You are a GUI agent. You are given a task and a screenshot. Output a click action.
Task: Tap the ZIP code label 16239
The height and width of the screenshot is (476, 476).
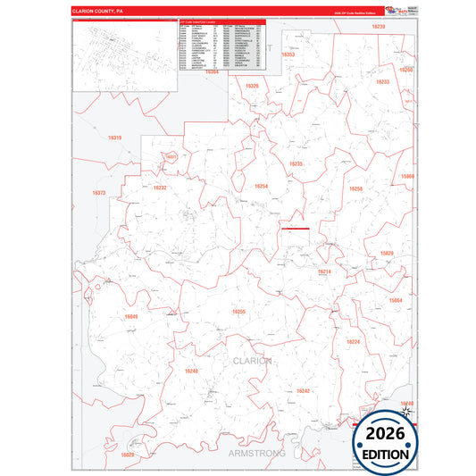coord(378,27)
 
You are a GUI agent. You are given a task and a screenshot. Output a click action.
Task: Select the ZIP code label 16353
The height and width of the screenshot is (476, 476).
coord(288,54)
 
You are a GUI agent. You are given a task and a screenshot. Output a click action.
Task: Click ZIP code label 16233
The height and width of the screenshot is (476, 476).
coord(382,81)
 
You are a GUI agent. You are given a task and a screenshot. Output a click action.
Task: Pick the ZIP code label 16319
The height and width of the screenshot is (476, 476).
coord(114,138)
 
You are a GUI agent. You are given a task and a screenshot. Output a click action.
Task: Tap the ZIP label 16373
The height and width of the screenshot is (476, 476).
coord(98,193)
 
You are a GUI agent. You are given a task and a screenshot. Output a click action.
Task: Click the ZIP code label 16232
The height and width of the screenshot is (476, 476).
coord(160,188)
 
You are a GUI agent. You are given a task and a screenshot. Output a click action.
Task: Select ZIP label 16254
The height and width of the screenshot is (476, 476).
coord(261,186)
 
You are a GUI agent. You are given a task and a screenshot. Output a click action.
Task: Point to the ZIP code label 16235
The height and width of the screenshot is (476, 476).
coord(296,163)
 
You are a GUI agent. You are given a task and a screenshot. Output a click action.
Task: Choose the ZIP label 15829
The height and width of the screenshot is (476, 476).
coord(387,254)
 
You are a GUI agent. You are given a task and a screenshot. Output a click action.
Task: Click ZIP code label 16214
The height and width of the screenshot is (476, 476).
coord(324,271)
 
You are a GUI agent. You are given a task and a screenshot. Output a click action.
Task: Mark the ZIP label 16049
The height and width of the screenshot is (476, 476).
coord(131,316)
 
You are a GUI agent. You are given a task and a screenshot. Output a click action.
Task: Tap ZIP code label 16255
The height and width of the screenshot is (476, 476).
coord(238,311)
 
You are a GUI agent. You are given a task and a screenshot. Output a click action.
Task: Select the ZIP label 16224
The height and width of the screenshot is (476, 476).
coord(354,342)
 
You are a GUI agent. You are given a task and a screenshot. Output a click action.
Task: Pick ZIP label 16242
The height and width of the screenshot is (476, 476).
coord(303,391)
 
